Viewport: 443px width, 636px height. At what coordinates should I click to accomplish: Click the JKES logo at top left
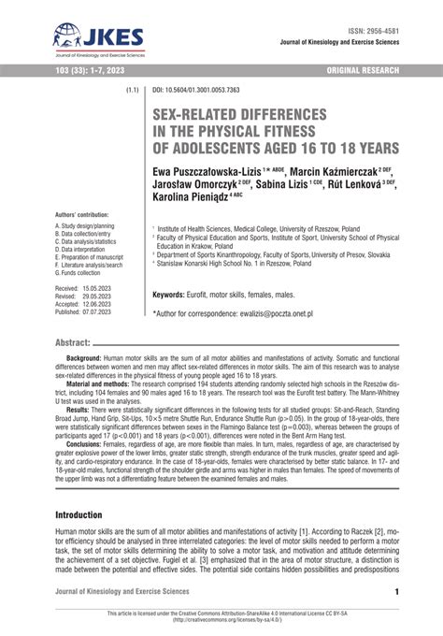[x=98, y=39]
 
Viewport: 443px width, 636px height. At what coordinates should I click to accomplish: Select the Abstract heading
[x=73, y=343]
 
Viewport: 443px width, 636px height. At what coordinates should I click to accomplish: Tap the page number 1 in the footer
[x=397, y=591]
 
